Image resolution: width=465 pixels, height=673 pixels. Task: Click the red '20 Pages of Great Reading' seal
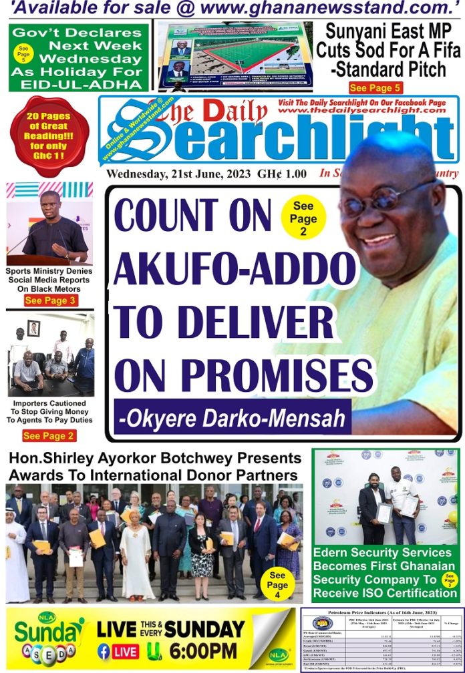pyautogui.click(x=49, y=136)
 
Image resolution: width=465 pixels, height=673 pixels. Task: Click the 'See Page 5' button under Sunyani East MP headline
pyautogui.click(x=375, y=87)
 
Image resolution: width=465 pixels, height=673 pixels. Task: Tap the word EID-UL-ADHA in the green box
pyautogui.click(x=79, y=84)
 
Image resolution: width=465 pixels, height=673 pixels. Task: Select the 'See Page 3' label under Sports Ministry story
pyautogui.click(x=50, y=301)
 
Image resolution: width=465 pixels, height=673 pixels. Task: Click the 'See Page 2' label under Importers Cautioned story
pyautogui.click(x=49, y=436)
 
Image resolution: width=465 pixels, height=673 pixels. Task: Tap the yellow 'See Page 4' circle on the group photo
pyautogui.click(x=277, y=585)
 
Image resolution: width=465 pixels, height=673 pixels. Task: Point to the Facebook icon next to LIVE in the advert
pyautogui.click(x=104, y=651)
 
